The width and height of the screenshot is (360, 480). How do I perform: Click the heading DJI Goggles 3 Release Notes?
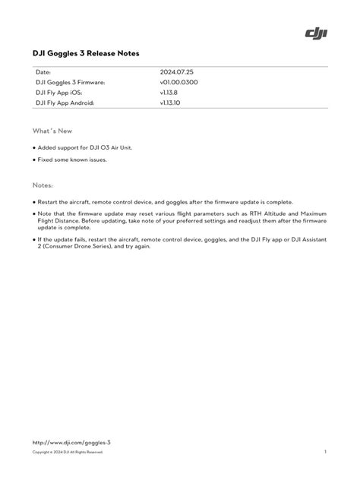(86, 54)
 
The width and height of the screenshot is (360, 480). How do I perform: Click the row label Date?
(43, 71)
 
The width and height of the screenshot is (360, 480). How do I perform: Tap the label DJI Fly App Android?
(65, 102)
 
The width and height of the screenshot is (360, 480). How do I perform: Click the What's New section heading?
(47, 131)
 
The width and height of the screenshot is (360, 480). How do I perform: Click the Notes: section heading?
(43, 185)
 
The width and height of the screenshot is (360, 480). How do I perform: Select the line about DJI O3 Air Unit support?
(85, 147)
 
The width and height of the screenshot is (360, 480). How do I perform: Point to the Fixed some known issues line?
(72, 160)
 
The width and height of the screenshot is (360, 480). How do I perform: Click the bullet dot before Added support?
(34, 148)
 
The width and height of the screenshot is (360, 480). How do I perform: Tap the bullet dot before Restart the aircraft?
(34, 202)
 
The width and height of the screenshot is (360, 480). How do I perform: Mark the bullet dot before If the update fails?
(34, 239)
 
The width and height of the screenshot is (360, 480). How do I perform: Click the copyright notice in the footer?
(67, 452)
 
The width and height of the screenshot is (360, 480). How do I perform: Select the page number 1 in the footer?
(325, 452)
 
